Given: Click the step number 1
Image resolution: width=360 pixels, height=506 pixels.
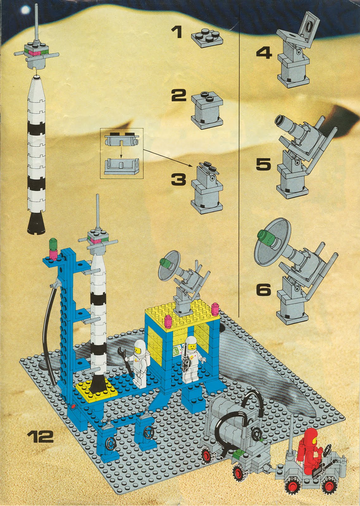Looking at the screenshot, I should coord(177,33).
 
